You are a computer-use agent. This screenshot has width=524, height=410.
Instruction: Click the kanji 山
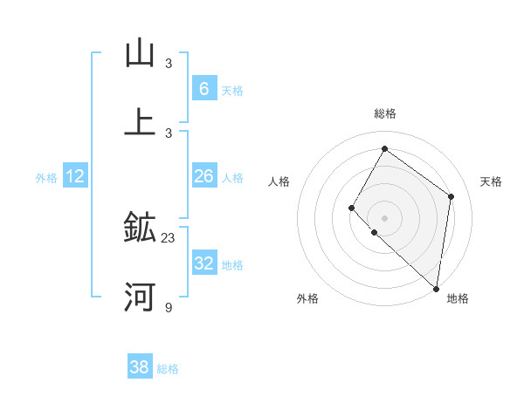140,53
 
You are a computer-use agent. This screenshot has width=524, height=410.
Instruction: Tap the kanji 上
140,121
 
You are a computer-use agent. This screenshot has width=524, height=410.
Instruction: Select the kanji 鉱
140,228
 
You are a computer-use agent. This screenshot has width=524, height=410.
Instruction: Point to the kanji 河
140,297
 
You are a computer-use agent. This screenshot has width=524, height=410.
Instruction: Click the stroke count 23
169,238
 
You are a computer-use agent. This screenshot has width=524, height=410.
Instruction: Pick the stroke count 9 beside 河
169,307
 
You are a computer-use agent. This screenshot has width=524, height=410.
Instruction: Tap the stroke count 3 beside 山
169,64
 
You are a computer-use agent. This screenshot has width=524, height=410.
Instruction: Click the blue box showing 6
203,88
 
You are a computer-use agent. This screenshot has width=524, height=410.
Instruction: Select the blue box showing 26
203,176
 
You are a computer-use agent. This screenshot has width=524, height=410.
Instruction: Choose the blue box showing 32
203,263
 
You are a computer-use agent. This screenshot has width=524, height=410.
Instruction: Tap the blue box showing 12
74,176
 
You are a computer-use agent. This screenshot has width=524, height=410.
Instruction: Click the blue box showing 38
139,367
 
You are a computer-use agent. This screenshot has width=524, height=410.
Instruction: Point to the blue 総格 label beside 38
168,369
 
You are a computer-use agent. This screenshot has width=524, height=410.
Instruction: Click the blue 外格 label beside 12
46,178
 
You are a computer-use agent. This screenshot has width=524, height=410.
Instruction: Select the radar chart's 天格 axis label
491,181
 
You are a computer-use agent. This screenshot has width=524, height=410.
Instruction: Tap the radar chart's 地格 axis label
458,298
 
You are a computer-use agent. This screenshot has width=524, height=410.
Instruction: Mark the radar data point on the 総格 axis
384,149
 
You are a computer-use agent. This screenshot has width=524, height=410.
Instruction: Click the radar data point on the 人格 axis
352,208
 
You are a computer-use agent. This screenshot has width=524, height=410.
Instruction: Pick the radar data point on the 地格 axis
436,289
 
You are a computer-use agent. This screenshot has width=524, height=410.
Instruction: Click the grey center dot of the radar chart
384,217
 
